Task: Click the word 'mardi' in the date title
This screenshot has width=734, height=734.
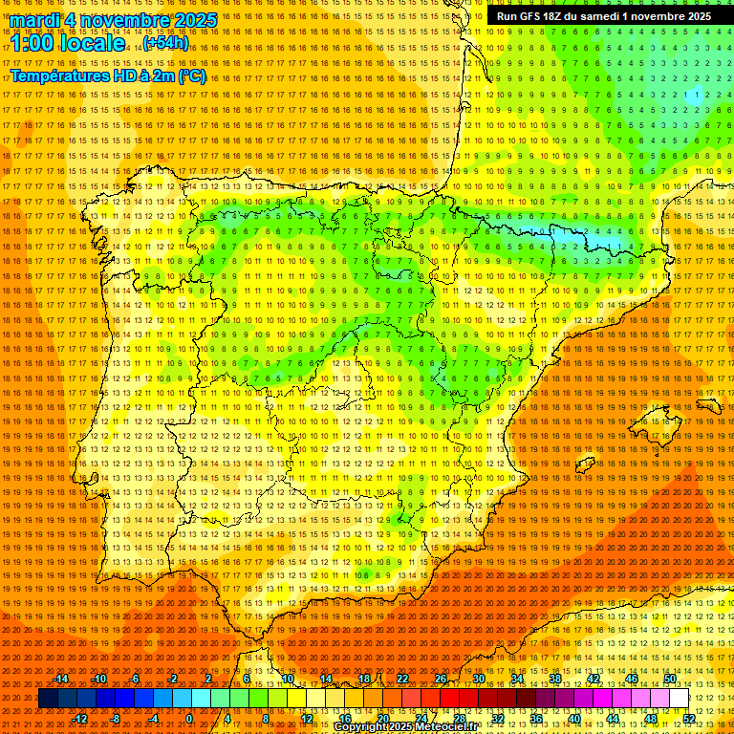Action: tap(34, 20)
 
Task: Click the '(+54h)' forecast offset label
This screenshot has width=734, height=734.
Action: tap(166, 44)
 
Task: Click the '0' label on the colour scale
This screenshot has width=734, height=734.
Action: tap(189, 719)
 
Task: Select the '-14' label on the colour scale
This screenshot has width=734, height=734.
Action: tap(61, 679)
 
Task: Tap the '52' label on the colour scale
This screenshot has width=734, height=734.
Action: tap(689, 719)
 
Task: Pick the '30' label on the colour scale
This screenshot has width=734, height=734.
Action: tap(478, 679)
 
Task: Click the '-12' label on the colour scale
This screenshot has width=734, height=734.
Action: tap(80, 719)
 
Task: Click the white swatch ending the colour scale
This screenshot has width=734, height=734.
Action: tap(679, 699)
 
